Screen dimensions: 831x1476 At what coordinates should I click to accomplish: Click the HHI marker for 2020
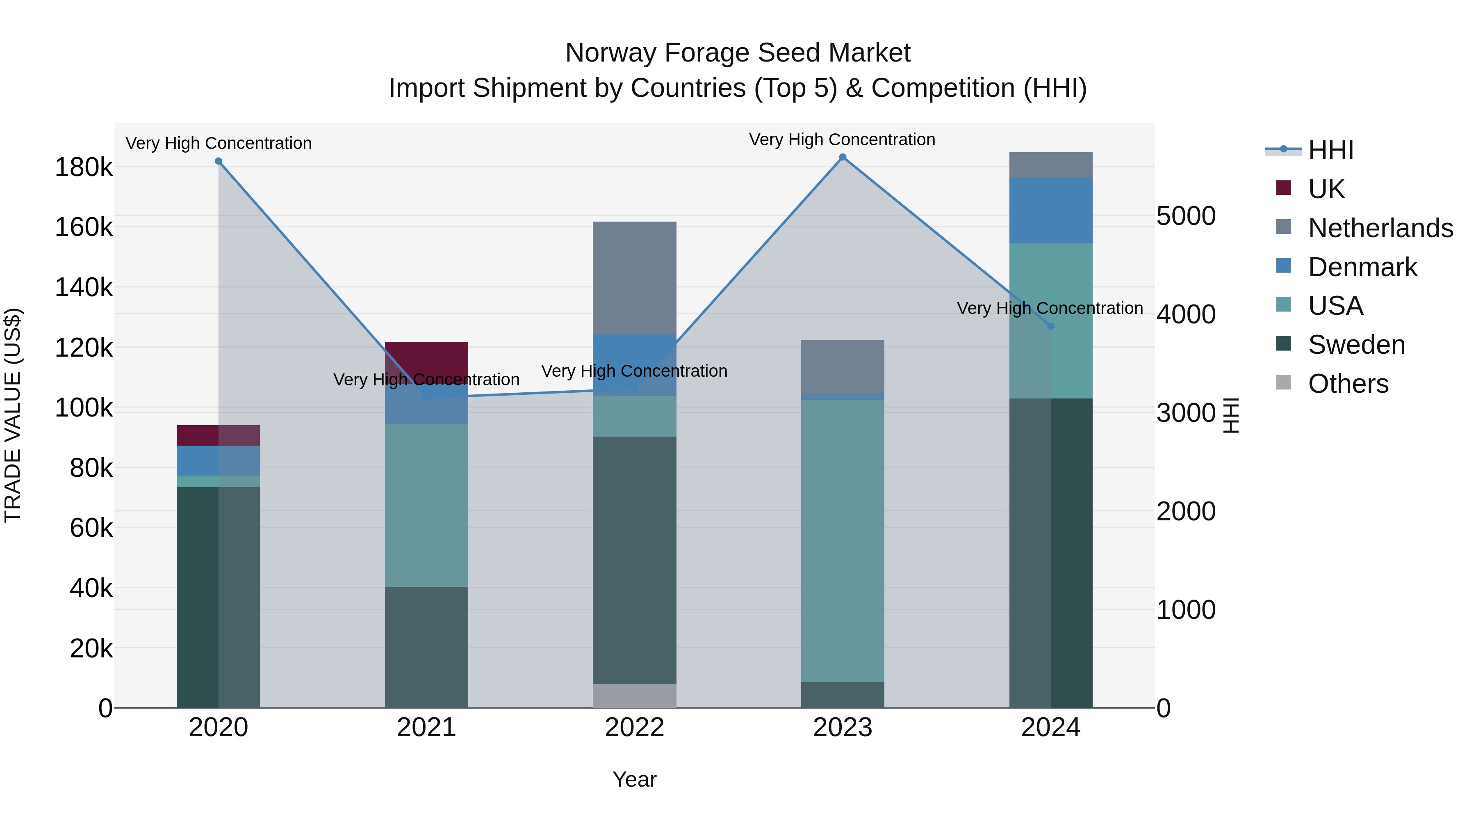pos(218,162)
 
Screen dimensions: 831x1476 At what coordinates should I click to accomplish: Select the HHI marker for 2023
pos(842,157)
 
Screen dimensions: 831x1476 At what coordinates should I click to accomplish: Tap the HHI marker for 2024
pos(1050,326)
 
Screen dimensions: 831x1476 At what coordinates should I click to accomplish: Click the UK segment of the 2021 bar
pos(426,358)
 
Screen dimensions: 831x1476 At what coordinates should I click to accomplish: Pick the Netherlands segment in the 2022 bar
pos(634,277)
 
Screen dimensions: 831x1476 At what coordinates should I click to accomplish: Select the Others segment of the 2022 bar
pos(634,695)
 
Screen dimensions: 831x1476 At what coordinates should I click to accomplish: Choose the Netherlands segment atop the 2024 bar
pos(1050,165)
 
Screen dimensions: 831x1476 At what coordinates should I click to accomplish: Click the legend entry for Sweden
pos(1356,345)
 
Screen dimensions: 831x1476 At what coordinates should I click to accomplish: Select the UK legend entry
pos(1326,189)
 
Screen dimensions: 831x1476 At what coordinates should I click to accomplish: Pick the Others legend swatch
pos(1283,382)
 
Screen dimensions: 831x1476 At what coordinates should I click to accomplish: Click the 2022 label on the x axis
pos(634,728)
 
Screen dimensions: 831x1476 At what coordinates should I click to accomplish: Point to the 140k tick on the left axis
pos(84,287)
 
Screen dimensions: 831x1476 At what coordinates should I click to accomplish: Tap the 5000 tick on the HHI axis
pos(1185,216)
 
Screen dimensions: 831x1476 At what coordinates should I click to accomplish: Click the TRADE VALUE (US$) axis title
pos(13,415)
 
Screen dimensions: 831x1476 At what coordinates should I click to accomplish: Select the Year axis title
pos(634,779)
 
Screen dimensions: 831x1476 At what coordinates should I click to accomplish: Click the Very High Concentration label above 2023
pos(842,140)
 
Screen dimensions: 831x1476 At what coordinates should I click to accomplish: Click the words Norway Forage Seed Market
pos(738,53)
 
